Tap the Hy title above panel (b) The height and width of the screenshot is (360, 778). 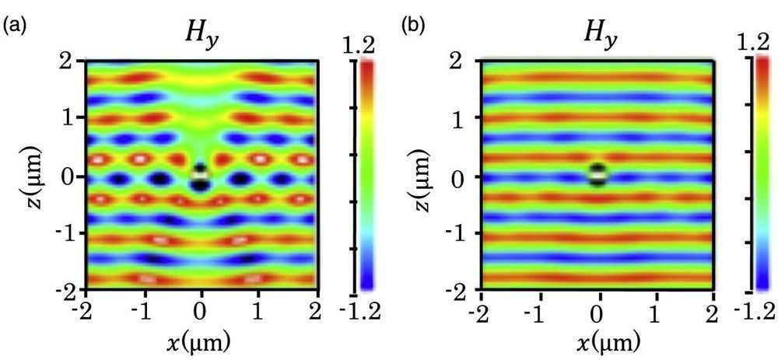598,33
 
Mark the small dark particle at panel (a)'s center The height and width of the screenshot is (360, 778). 201,177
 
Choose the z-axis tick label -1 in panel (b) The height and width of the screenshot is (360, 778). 459,235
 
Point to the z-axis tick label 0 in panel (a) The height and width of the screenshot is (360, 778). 70,177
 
